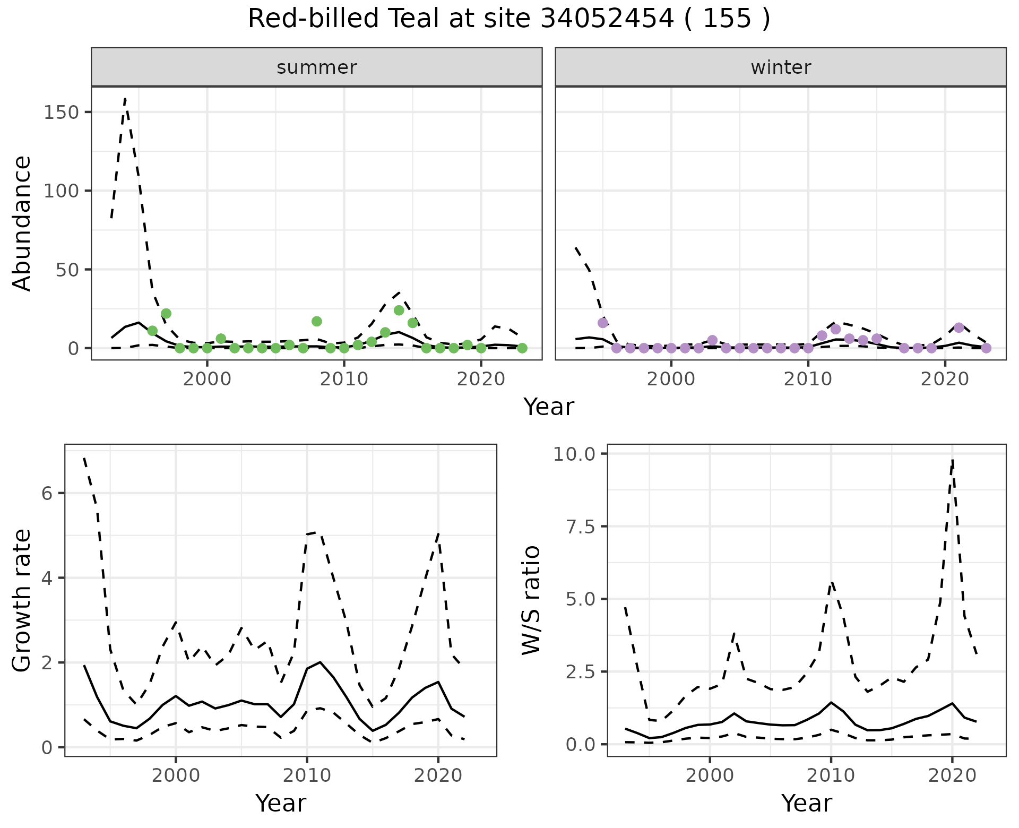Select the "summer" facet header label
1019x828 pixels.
click(316, 67)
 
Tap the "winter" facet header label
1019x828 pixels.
click(780, 67)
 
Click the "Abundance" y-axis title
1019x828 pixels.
click(22, 223)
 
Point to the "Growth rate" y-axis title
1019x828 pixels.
click(22, 600)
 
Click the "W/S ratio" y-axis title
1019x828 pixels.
click(531, 600)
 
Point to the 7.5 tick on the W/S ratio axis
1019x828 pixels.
click(581, 527)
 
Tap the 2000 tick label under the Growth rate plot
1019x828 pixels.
click(176, 775)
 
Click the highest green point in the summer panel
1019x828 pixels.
click(399, 310)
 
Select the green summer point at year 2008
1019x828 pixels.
click(317, 321)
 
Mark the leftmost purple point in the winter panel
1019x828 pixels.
click(602, 323)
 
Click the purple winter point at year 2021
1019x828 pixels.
click(958, 327)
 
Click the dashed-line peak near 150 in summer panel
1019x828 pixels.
click(125, 99)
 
